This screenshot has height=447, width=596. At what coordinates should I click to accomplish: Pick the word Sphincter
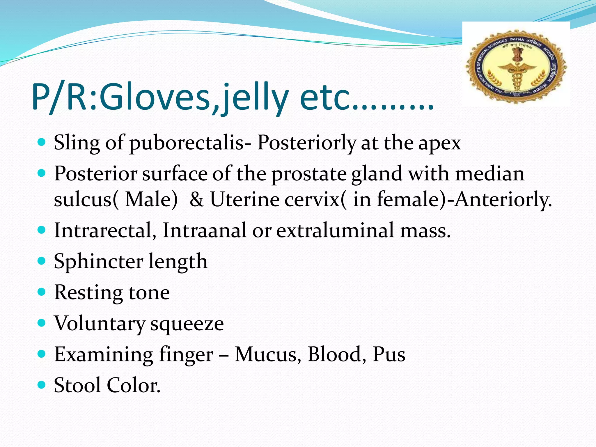[98, 261]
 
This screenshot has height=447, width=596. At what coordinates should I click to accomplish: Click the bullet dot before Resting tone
[42, 292]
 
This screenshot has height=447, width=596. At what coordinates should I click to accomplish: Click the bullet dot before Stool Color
[42, 385]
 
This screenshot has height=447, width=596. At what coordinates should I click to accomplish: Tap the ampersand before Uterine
[197, 200]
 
